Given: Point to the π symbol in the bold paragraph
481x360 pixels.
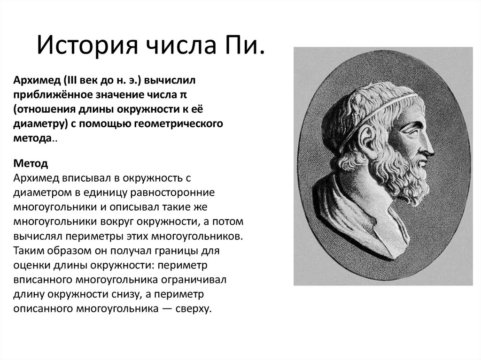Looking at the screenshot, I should tap(185, 95).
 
